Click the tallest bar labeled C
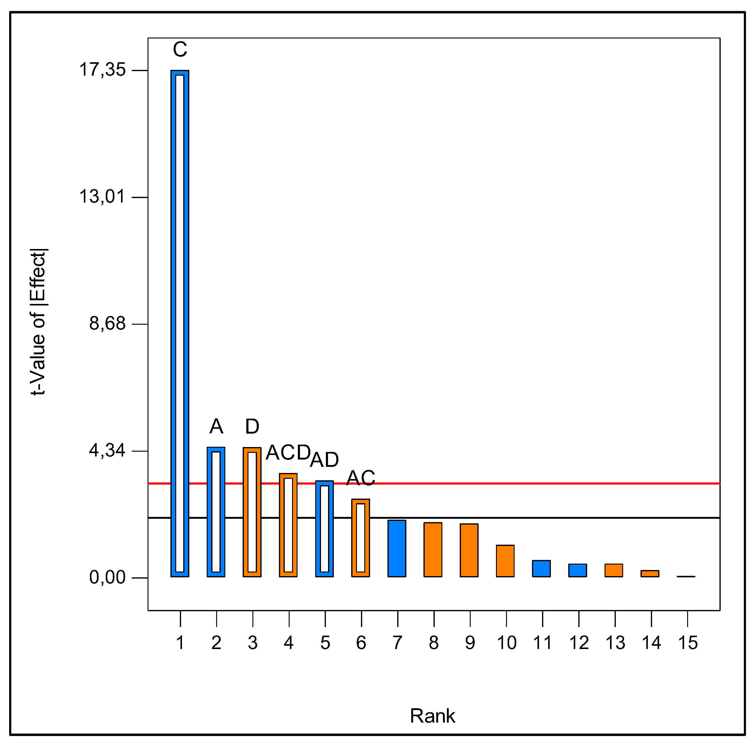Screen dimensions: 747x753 (180, 324)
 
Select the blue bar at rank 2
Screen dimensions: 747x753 (216, 512)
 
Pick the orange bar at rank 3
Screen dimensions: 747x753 (252, 512)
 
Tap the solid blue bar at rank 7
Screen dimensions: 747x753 (397, 548)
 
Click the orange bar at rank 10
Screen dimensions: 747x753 (505, 561)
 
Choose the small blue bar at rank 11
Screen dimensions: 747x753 (541, 569)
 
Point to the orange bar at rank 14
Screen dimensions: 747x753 (650, 573)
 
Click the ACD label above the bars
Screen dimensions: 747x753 (288, 453)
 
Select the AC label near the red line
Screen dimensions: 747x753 (361, 478)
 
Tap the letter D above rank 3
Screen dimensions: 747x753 (252, 427)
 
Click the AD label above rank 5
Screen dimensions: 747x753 (324, 460)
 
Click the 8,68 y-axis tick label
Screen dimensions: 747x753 (107, 323)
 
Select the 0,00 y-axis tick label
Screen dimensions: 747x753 (107, 577)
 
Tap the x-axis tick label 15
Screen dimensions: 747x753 (687, 643)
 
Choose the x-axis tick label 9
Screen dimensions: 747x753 (470, 643)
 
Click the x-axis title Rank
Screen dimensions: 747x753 (432, 716)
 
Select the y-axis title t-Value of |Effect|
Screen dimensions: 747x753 (38, 322)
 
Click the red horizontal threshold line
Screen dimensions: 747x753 (546, 483)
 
